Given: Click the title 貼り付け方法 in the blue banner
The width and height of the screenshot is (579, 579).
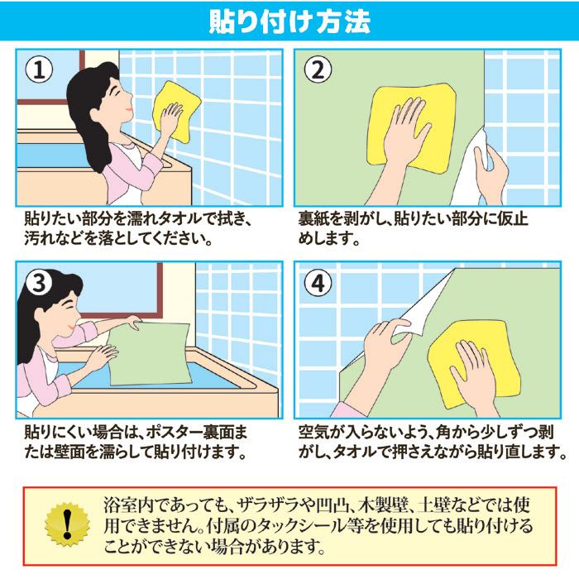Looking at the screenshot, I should [x=289, y=20].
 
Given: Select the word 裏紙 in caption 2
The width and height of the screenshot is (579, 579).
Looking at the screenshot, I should [x=314, y=222].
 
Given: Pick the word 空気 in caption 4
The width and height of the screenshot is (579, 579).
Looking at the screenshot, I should [x=314, y=433].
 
